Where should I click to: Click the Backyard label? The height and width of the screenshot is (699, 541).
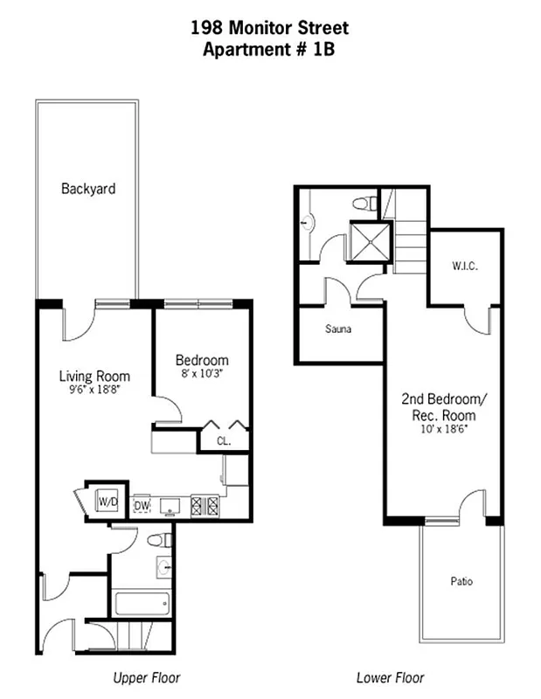click(x=88, y=189)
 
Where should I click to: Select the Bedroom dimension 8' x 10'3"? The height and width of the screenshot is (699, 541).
click(x=202, y=374)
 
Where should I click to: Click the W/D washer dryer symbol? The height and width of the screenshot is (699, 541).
click(x=108, y=502)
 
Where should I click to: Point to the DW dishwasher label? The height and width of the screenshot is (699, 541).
click(x=142, y=505)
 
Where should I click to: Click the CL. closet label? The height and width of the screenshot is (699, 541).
click(x=224, y=440)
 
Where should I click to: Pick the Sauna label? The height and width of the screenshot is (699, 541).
click(x=338, y=329)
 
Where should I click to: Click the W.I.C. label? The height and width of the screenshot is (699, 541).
click(x=464, y=266)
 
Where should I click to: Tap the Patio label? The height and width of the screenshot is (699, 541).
click(x=461, y=581)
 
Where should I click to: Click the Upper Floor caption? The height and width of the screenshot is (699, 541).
click(x=147, y=678)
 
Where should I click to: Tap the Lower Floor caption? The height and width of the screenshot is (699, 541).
click(x=390, y=678)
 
